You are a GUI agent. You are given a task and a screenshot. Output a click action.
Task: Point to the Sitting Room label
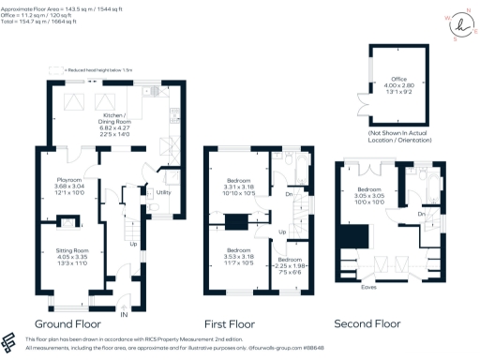pyautogui.click(x=67, y=250)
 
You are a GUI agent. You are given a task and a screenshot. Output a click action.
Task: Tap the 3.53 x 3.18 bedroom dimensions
pyautogui.click(x=235, y=256)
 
